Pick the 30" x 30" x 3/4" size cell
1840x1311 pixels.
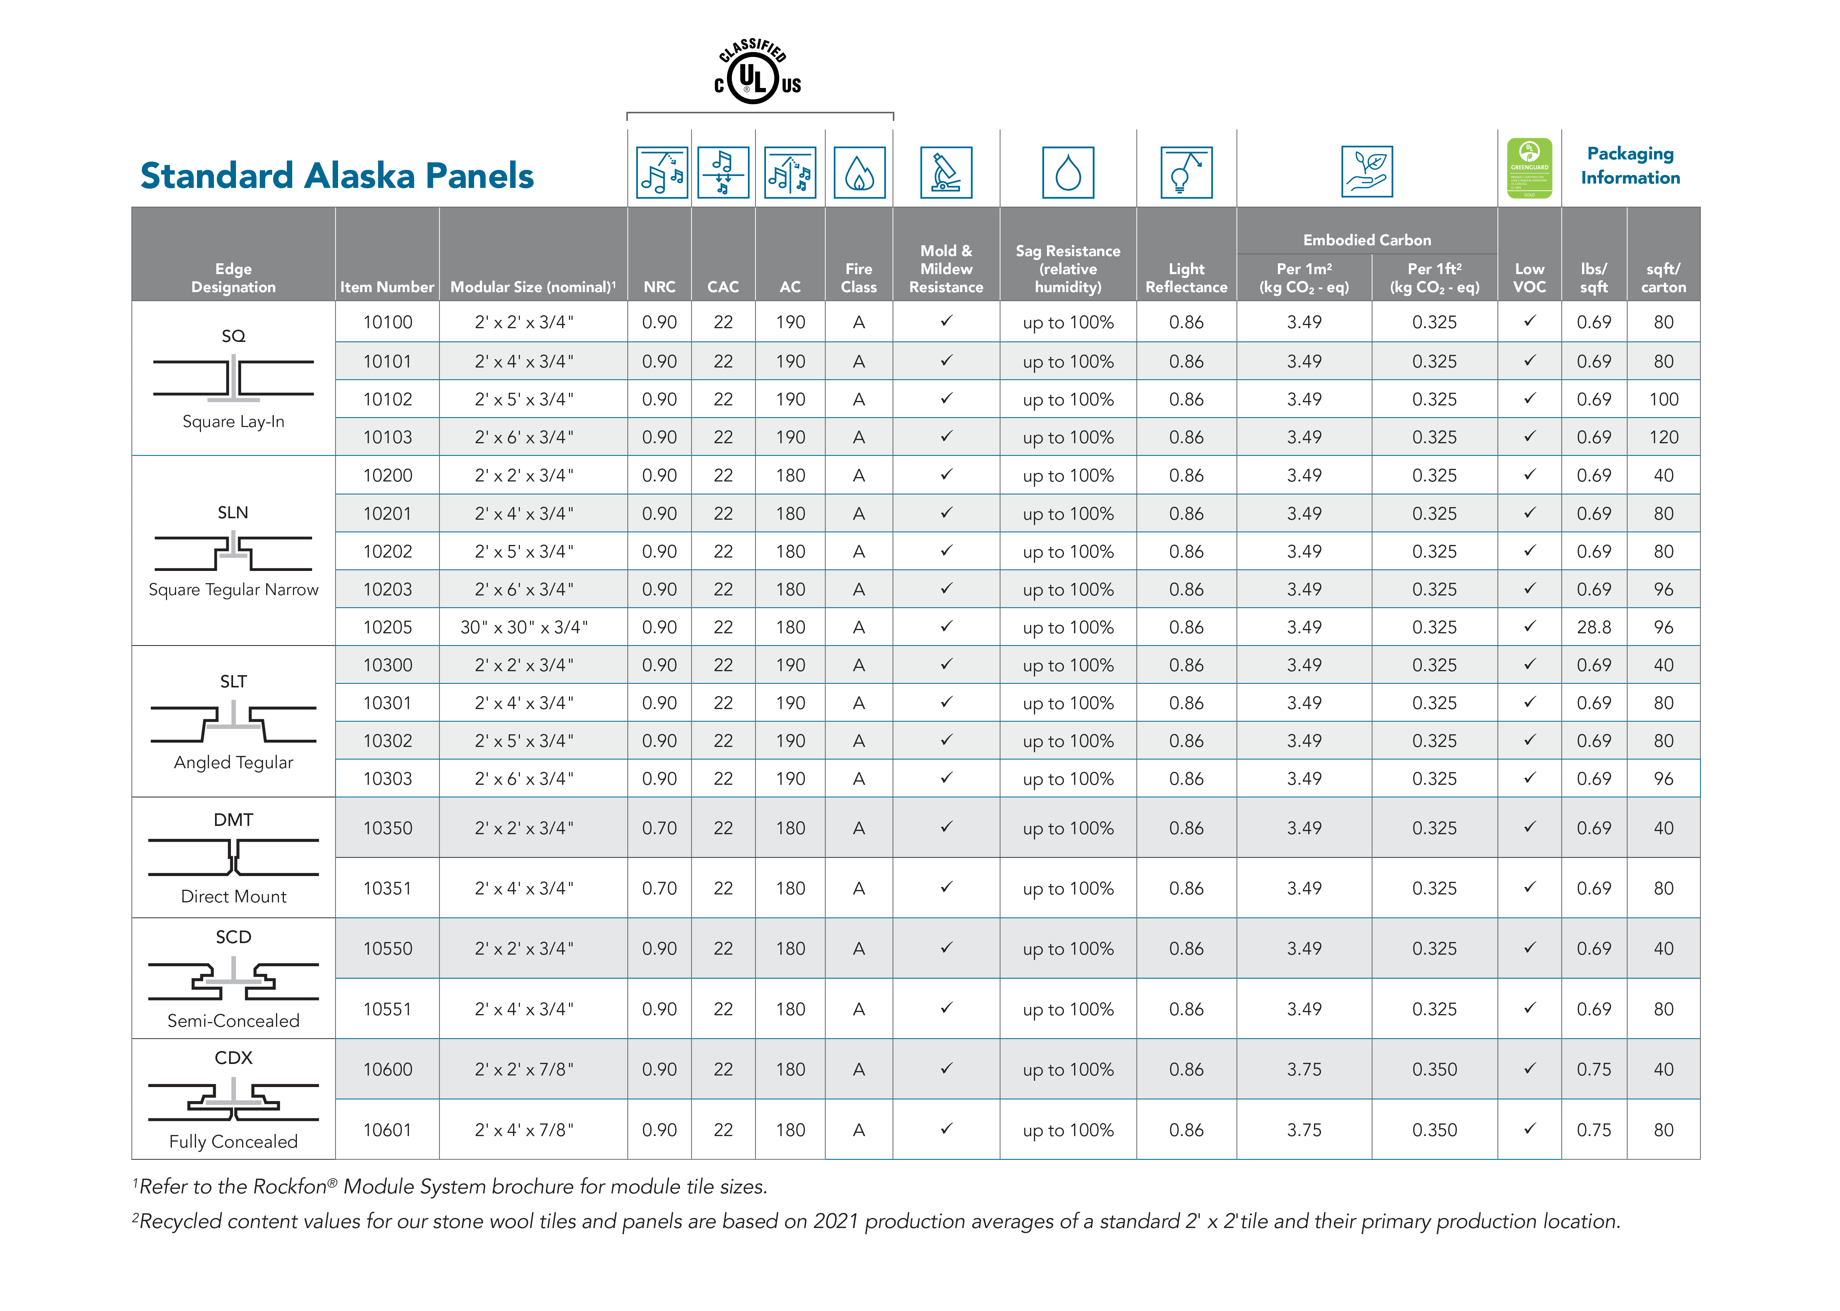click(x=524, y=627)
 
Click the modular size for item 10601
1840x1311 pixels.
click(x=524, y=1130)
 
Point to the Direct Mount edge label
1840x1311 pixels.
click(x=233, y=896)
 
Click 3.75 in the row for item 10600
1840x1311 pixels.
click(x=1304, y=1070)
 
